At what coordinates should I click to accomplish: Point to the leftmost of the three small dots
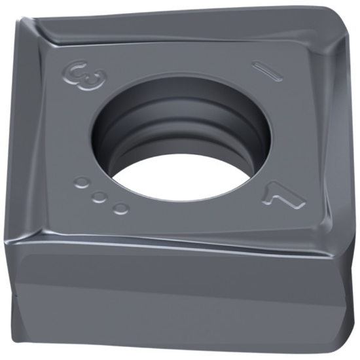tap(81, 183)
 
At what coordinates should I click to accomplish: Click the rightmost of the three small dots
tap(120, 208)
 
